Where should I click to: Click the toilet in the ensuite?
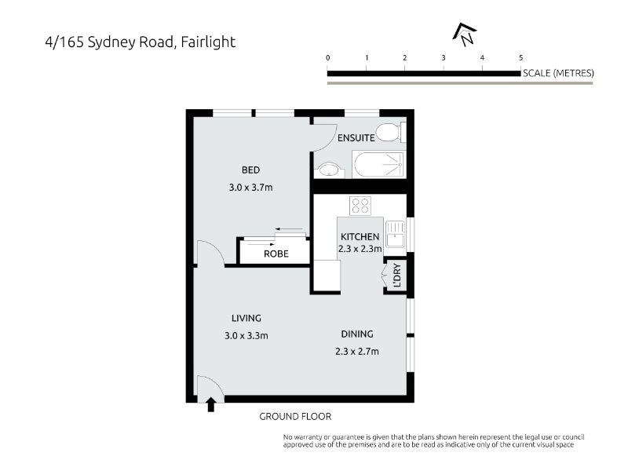pyautogui.click(x=391, y=132)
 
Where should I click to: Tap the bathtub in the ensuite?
pyautogui.click(x=379, y=164)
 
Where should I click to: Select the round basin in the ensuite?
pyautogui.click(x=329, y=170)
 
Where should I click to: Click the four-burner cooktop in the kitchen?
pyautogui.click(x=360, y=206)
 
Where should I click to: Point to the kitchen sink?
pyautogui.click(x=396, y=234)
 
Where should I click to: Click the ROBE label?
pyautogui.click(x=276, y=254)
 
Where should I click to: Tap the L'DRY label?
pyautogui.click(x=397, y=275)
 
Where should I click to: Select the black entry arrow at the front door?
pyautogui.click(x=210, y=404)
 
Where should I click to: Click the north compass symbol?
pyautogui.click(x=465, y=34)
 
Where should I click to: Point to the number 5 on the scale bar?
pyautogui.click(x=520, y=57)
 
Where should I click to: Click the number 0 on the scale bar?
pyautogui.click(x=327, y=57)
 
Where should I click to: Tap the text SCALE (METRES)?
pyautogui.click(x=558, y=73)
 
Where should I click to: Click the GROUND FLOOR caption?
pyautogui.click(x=295, y=417)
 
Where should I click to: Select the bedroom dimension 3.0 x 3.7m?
pyautogui.click(x=250, y=188)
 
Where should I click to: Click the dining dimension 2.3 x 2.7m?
pyautogui.click(x=357, y=352)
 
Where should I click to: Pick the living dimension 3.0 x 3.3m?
pyautogui.click(x=246, y=336)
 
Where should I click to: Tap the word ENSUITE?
pyautogui.click(x=356, y=138)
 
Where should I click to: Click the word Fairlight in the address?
pyautogui.click(x=208, y=42)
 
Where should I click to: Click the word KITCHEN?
pyautogui.click(x=360, y=237)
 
